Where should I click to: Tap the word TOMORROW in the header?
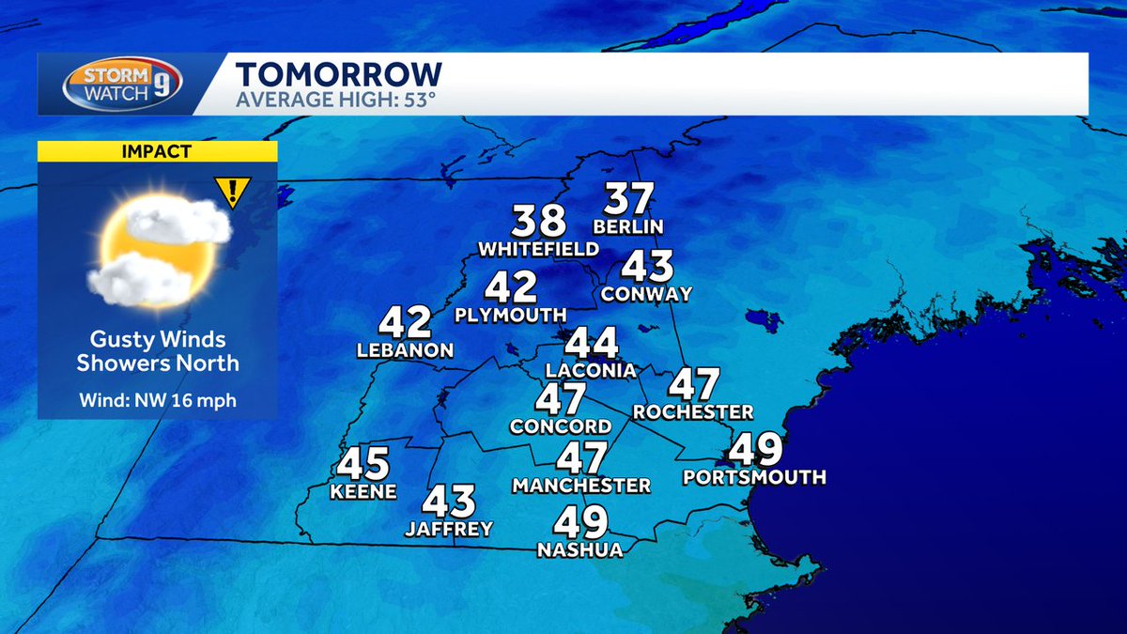pos(338,74)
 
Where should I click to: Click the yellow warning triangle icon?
pos(231,193)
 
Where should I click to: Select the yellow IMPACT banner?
pos(158,151)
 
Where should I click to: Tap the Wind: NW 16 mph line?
pos(158,401)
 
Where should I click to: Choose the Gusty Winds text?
pos(158,339)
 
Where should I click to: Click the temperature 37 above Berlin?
pos(628,199)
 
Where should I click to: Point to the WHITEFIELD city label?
pos(538,249)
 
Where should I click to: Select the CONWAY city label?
pos(646,294)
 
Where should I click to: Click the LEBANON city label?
pos(405,350)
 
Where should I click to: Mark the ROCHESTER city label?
pos(693,411)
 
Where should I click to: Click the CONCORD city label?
pos(561,426)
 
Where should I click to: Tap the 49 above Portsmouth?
pos(755,450)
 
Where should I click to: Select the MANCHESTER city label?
pos(581,486)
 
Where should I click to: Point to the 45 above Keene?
pos(363,464)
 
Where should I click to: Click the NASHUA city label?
pos(579,550)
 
